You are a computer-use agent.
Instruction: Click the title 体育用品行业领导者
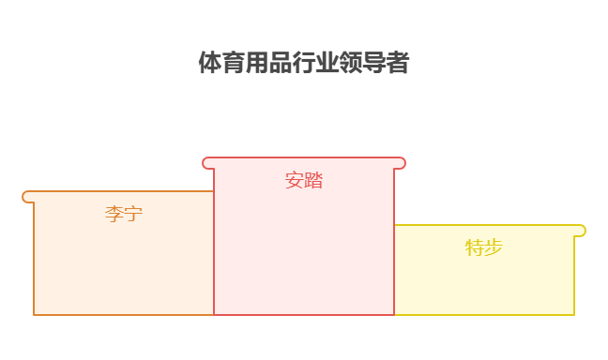pos(304,63)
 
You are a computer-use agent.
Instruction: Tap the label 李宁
pos(124,214)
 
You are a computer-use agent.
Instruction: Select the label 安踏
pos(304,180)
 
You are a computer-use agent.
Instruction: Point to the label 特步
pos(484,247)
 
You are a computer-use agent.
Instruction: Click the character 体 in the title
pos(210,63)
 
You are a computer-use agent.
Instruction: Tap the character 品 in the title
pos(281,63)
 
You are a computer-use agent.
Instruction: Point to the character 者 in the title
pos(398,63)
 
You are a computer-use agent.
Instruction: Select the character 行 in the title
pos(304,63)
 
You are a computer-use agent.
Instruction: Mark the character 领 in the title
pos(351,63)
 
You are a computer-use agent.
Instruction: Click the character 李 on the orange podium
pos(114,214)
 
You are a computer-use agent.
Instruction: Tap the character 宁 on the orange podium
pos(133,214)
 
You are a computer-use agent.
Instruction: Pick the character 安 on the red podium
pos(295,180)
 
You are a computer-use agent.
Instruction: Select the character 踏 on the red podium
pos(313,180)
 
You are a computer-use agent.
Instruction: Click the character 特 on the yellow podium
pos(475,247)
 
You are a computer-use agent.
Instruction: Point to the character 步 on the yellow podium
pos(494,247)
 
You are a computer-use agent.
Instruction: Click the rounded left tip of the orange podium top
pos(27,197)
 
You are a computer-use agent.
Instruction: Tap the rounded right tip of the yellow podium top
pos(581,231)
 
